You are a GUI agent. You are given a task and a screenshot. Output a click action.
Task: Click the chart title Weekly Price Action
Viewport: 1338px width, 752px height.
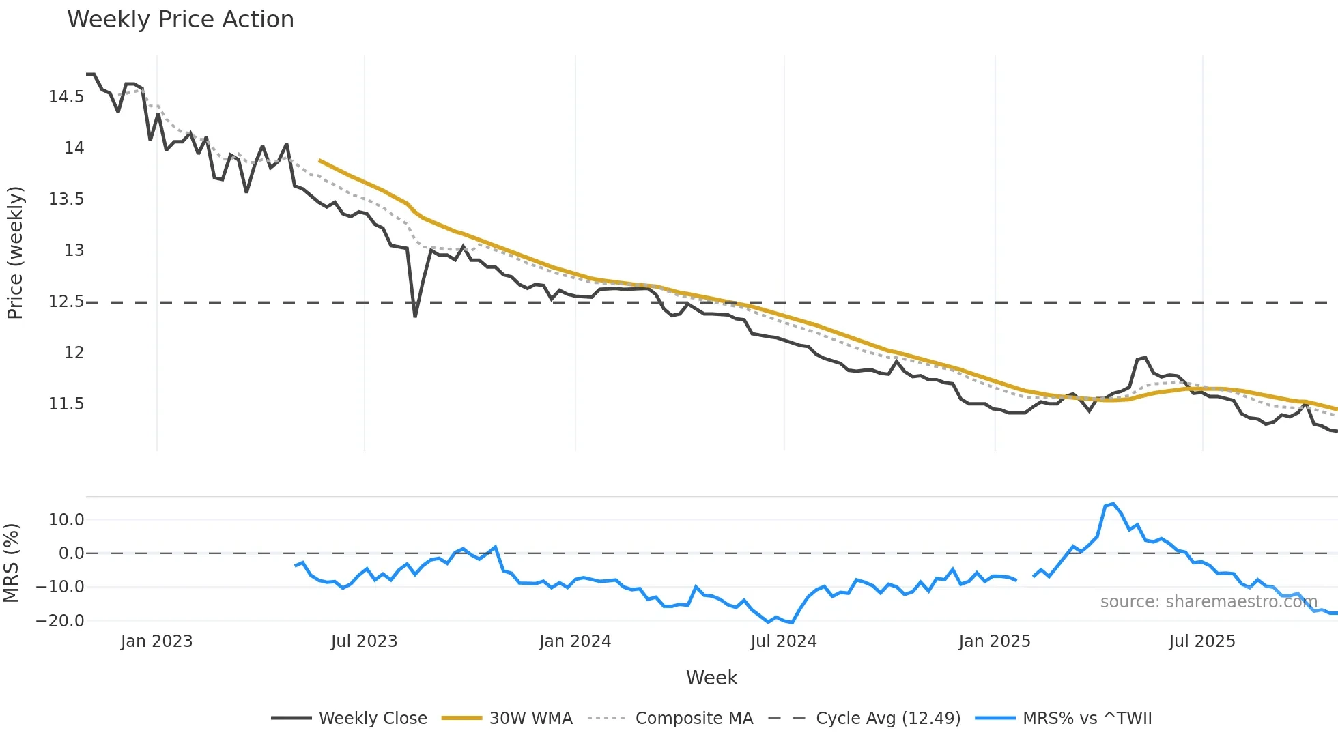(180, 20)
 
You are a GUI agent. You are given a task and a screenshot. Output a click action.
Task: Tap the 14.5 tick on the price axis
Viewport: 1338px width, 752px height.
(66, 97)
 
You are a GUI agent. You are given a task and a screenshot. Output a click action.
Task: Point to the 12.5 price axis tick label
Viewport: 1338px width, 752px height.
(66, 302)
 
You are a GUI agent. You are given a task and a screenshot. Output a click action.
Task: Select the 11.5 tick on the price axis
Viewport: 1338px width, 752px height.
(66, 404)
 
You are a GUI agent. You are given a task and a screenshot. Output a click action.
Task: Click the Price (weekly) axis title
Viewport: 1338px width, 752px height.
(15, 252)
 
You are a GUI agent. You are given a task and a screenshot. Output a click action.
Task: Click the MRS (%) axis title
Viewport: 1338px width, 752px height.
(11, 563)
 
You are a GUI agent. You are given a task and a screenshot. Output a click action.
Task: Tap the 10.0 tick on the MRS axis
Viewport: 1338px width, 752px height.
(66, 520)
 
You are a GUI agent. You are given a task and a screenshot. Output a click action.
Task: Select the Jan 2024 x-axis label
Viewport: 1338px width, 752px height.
(575, 641)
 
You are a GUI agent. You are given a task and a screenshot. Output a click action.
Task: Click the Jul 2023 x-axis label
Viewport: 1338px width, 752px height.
(364, 641)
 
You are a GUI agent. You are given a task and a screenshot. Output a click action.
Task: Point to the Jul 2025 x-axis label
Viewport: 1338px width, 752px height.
(1202, 641)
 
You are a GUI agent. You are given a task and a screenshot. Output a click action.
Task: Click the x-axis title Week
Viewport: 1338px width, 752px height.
(711, 678)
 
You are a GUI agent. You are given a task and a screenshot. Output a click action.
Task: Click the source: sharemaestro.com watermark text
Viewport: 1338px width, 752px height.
(1208, 602)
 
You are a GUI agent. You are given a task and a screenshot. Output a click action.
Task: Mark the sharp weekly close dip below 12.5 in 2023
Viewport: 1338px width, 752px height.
(415, 316)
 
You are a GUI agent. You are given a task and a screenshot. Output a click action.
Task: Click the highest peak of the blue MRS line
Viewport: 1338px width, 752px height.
(1113, 504)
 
